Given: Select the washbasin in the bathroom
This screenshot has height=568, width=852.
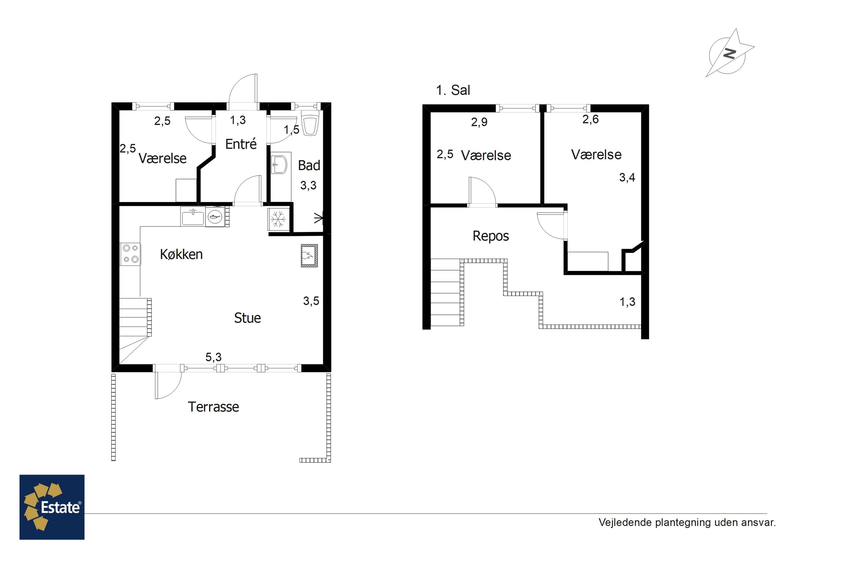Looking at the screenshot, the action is pyautogui.click(x=279, y=165).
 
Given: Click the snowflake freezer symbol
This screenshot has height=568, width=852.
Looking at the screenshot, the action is pyautogui.click(x=278, y=219).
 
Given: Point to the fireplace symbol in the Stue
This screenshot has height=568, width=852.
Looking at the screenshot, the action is pyautogui.click(x=309, y=256).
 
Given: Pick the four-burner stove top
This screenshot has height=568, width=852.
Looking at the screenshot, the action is pyautogui.click(x=130, y=254).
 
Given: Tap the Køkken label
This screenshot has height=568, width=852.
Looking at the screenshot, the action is pyautogui.click(x=181, y=254).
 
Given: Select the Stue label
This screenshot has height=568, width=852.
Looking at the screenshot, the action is pyautogui.click(x=247, y=318).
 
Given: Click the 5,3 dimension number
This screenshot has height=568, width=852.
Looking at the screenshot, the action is pyautogui.click(x=213, y=357).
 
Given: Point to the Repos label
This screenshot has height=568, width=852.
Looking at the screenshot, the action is pyautogui.click(x=491, y=236).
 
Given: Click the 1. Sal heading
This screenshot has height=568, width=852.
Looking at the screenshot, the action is pyautogui.click(x=453, y=90).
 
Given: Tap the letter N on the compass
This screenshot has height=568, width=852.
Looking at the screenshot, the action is pyautogui.click(x=729, y=54).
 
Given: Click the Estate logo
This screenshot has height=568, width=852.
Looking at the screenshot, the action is pyautogui.click(x=52, y=507).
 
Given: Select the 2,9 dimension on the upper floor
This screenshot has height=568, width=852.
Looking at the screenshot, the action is pyautogui.click(x=479, y=122).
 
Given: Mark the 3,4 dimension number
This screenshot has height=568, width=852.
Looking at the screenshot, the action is pyautogui.click(x=627, y=177).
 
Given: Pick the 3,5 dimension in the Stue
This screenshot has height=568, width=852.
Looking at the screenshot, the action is pyautogui.click(x=311, y=301).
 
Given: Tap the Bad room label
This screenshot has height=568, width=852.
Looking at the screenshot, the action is pyautogui.click(x=309, y=166).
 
